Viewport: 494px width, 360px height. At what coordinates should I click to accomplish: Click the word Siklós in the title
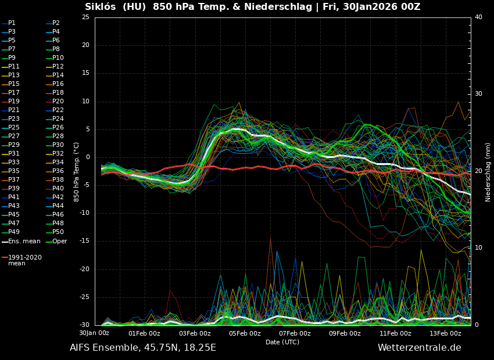click(100, 7)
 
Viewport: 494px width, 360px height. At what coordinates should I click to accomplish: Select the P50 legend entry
click(58, 232)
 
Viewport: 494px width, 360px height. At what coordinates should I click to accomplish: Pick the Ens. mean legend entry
click(24, 241)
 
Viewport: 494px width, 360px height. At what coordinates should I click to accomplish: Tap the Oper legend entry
click(59, 241)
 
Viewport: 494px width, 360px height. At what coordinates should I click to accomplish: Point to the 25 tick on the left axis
click(85, 17)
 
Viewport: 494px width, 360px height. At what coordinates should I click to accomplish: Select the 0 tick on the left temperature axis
click(87, 157)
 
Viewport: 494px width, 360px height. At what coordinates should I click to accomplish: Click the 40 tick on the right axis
click(478, 17)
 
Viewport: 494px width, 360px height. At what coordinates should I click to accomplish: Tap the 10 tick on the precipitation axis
click(478, 248)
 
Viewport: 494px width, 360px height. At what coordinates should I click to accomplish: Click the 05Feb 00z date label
click(245, 333)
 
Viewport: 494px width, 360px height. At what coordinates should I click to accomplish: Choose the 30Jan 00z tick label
click(94, 333)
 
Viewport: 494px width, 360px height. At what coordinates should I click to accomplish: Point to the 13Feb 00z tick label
click(446, 333)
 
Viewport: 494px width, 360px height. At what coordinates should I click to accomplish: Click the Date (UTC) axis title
click(282, 343)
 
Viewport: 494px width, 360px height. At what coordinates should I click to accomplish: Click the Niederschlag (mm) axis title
click(488, 172)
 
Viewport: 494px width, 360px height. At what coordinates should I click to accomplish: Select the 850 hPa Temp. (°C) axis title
click(77, 172)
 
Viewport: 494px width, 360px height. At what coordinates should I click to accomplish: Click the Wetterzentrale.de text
click(419, 348)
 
